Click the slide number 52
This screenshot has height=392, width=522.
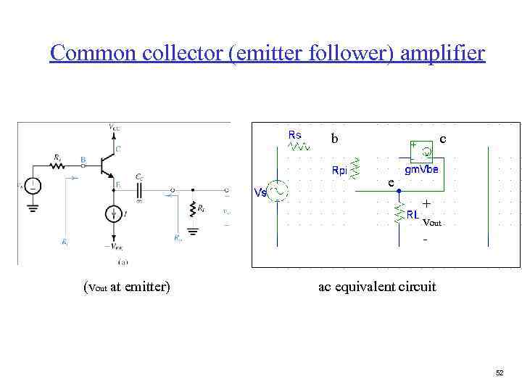500,372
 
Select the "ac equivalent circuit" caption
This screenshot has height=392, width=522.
377,286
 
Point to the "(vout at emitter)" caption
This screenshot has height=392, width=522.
128,286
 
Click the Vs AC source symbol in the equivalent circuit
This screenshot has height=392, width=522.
278,191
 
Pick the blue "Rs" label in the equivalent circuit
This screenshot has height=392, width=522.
295,134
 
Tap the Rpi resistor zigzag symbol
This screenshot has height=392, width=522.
355,167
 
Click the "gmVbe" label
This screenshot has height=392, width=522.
426,169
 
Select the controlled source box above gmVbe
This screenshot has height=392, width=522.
421,150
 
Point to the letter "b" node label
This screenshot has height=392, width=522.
333,139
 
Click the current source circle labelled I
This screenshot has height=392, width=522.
115,213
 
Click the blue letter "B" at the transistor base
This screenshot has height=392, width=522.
84,159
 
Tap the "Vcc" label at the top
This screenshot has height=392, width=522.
115,128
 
